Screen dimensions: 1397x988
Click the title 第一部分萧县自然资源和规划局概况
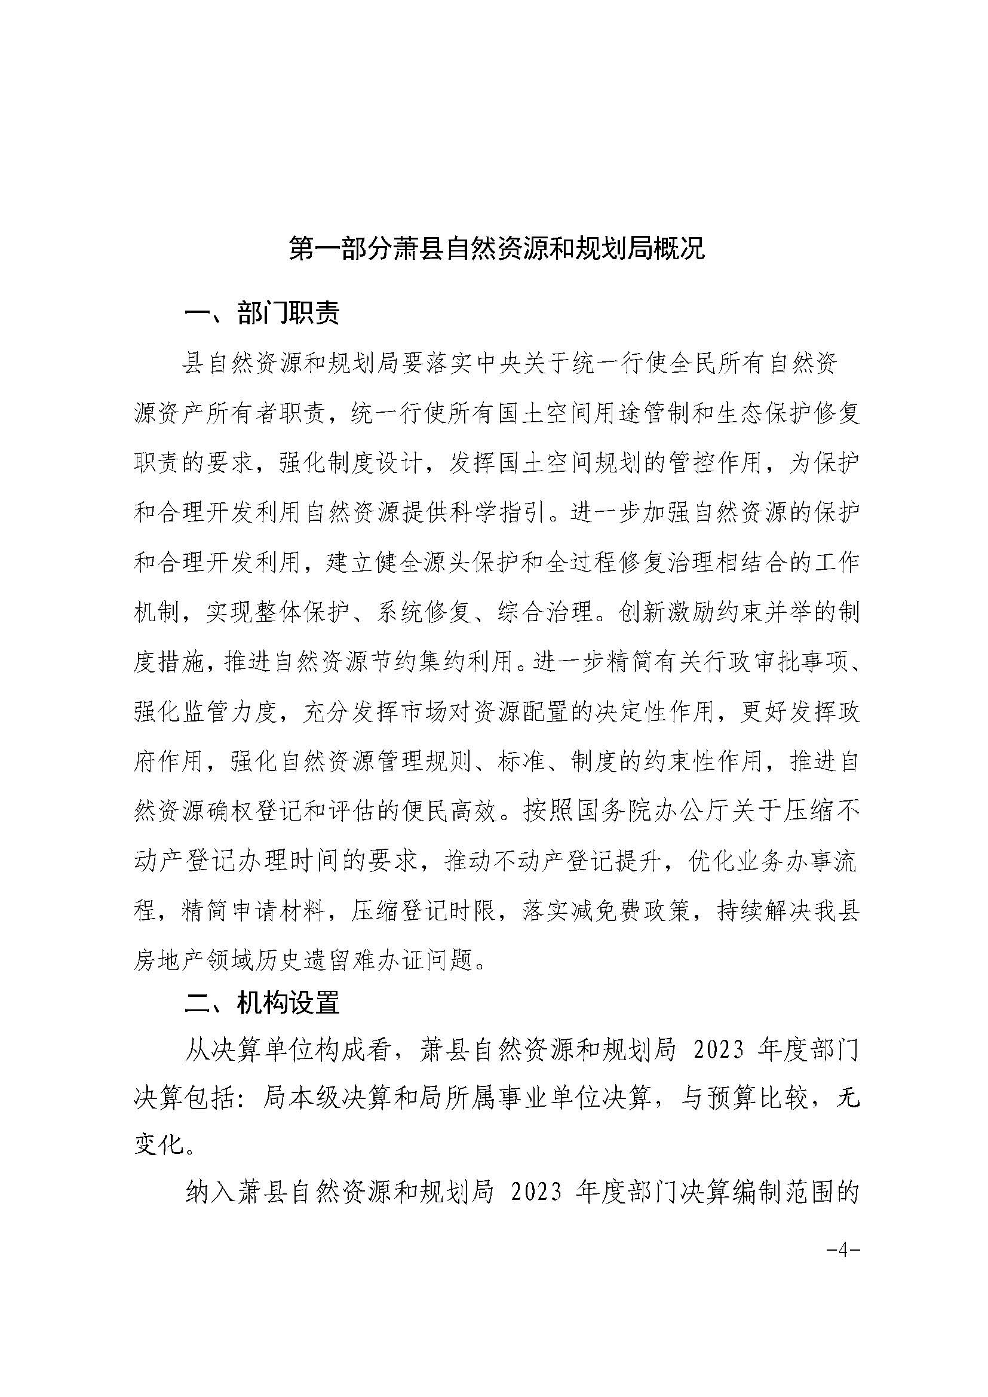(496, 250)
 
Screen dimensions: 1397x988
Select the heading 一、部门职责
(262, 314)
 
